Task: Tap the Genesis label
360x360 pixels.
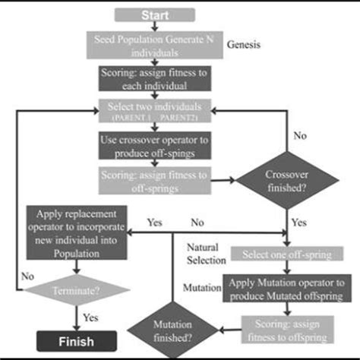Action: coord(243,45)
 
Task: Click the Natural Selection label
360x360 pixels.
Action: coord(207,254)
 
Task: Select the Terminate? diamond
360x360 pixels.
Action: coord(74,289)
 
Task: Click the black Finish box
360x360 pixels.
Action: coord(74,339)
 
